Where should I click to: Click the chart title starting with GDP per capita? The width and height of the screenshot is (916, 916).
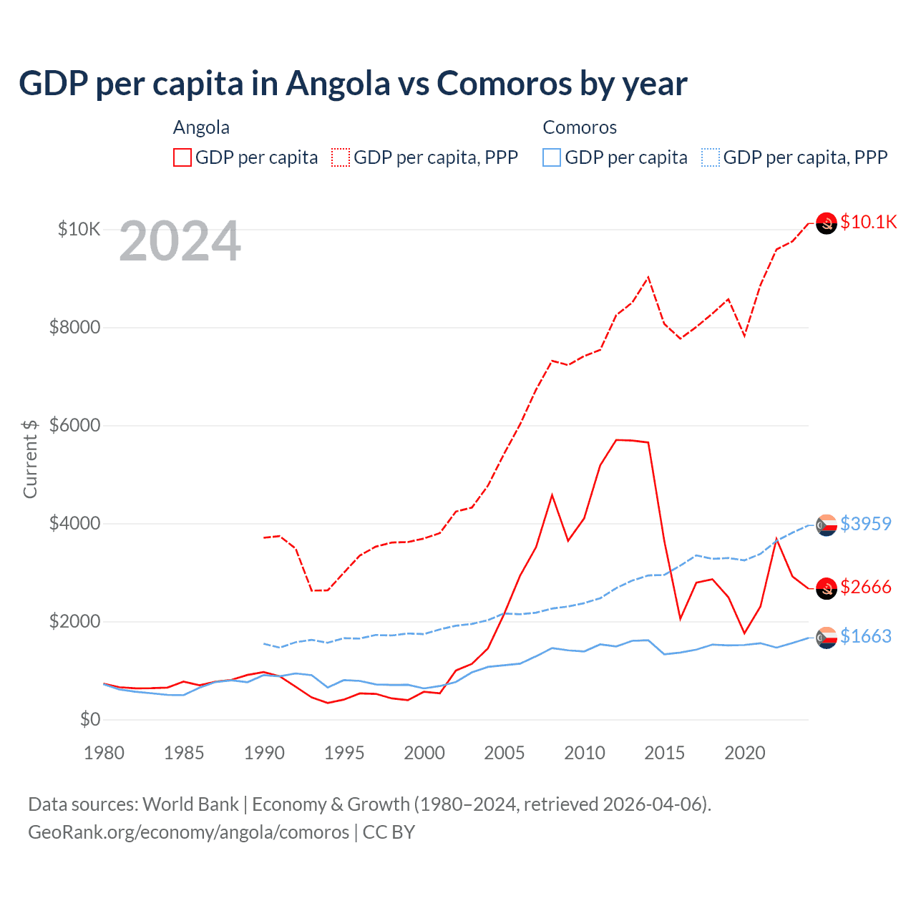[353, 84]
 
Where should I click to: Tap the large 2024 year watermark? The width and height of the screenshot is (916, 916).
[180, 242]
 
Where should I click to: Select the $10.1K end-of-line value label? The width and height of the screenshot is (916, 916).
[868, 222]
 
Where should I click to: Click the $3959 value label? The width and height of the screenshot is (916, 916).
[865, 524]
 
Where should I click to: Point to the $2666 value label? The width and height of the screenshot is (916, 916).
[865, 587]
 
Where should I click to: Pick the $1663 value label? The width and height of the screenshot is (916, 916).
[865, 636]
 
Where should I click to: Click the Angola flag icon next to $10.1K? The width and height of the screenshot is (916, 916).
[827, 223]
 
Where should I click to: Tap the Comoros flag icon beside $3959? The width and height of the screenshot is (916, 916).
[827, 525]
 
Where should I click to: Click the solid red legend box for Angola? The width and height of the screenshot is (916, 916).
[182, 157]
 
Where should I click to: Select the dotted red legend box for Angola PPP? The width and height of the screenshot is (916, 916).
[341, 157]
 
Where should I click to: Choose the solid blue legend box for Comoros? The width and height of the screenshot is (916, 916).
[552, 157]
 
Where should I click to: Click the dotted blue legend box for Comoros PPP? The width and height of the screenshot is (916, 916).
[711, 157]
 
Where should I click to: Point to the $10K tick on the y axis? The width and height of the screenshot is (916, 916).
[79, 229]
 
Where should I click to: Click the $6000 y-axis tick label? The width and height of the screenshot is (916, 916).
[74, 425]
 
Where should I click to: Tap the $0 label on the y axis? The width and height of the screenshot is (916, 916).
[89, 719]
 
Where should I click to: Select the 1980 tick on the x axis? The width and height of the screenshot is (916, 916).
[104, 753]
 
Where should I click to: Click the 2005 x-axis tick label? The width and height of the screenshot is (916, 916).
[505, 753]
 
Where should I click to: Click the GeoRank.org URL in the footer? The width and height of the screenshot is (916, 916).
[188, 832]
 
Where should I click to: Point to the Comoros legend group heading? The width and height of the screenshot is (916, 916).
[580, 127]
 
